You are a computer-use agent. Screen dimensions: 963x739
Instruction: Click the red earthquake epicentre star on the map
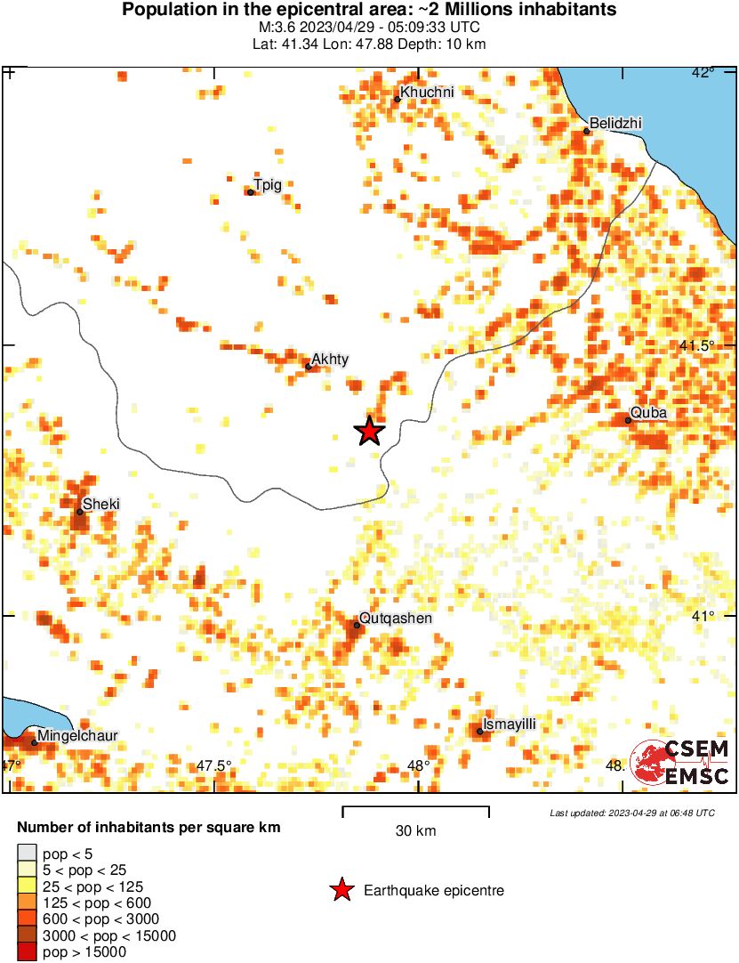tap(369, 431)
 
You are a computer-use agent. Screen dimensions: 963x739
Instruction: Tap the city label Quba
tap(647, 414)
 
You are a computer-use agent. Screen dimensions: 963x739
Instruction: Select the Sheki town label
tap(100, 505)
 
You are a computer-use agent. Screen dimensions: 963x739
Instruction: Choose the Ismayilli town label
tap(509, 724)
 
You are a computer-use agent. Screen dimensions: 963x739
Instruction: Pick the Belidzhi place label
tap(615, 123)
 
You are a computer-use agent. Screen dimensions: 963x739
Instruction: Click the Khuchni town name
tap(427, 92)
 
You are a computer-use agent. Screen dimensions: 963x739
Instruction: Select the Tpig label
tap(268, 185)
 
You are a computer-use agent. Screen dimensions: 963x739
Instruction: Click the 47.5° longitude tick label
tap(213, 765)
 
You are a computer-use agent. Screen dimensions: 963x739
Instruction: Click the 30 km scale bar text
tap(415, 831)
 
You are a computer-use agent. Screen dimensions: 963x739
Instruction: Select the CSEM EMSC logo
tap(680, 764)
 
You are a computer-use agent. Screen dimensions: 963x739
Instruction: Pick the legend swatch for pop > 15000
tap(28, 951)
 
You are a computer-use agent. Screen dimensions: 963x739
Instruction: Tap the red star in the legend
tap(341, 890)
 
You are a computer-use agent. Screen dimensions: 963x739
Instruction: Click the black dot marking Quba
tap(628, 420)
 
